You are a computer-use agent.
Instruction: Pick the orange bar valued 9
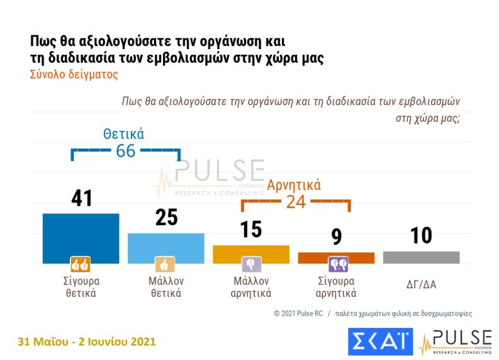pos(336,257)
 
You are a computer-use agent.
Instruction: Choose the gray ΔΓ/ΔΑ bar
pos(421,257)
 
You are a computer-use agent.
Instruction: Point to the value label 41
pos(81,198)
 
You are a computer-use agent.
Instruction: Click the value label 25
pos(166,217)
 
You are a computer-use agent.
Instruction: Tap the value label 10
pos(421,235)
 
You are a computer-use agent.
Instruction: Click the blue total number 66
pos(126,151)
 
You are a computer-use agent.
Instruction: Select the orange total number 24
pos(296,201)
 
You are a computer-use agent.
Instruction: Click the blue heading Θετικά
pos(124,134)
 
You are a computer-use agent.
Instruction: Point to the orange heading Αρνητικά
pos(294,185)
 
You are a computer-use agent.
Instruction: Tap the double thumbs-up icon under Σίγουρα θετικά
pos(81,264)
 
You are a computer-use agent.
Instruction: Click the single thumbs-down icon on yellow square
pos(251,264)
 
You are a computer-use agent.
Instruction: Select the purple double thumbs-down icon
pos(337,264)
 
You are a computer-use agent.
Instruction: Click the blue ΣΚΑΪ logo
pos(380,341)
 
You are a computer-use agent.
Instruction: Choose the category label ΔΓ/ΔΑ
pos(421,284)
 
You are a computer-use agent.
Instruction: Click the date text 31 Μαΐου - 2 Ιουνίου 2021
pos(87,342)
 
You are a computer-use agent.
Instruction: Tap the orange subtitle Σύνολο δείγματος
pos(74,74)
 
